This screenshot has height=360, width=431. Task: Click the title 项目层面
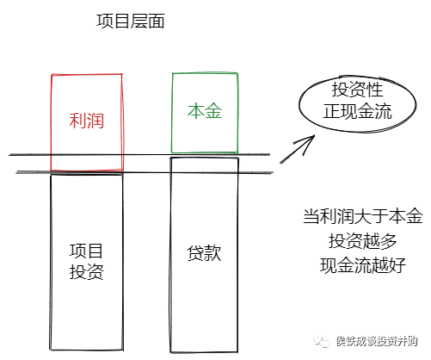(x=131, y=22)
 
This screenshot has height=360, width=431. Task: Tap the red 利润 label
(x=86, y=121)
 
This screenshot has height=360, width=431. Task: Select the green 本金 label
(x=205, y=111)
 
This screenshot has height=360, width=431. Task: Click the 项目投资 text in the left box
(x=86, y=262)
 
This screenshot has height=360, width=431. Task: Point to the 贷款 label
(x=204, y=253)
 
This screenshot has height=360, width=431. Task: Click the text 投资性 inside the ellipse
(x=357, y=90)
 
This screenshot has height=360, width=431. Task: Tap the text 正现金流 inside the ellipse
(x=357, y=111)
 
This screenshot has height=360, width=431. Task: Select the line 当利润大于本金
(x=363, y=216)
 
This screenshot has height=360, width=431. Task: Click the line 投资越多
(x=363, y=240)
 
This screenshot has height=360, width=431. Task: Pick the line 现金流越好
(x=363, y=265)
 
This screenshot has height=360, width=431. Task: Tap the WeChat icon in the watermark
(x=322, y=341)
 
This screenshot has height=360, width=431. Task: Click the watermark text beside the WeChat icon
(x=377, y=341)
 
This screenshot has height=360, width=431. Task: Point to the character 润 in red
(x=95, y=121)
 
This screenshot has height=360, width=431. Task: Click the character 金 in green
(x=213, y=111)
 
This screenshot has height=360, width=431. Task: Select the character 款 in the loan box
(x=212, y=253)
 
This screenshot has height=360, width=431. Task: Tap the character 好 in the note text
(x=397, y=265)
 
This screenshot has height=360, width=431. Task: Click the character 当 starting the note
(x=311, y=216)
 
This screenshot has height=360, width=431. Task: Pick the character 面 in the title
(x=157, y=22)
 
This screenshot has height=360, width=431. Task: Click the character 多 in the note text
(x=389, y=240)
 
